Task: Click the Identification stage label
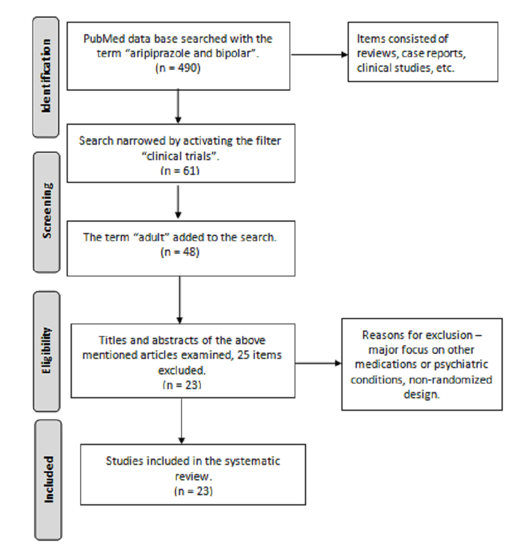point(46,76)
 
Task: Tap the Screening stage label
point(47,211)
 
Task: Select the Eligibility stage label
point(46,350)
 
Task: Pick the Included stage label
point(48,480)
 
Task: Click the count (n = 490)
point(178,68)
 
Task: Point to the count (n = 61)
point(180,170)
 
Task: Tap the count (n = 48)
point(180,252)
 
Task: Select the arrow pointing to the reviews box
point(319,55)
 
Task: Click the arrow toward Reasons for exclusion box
point(318,363)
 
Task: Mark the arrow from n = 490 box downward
point(178,107)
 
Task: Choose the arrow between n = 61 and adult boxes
point(178,202)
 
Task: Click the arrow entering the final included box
point(181,421)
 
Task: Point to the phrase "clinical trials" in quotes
point(180,156)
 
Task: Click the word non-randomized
point(450,379)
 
